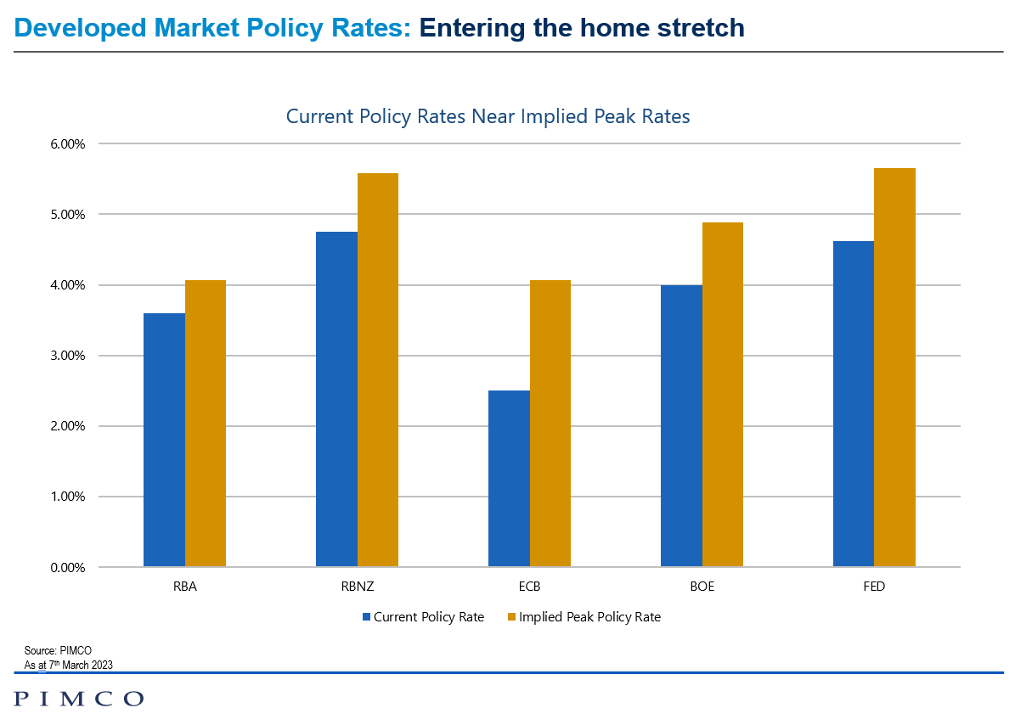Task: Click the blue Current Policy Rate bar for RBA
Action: pyautogui.click(x=164, y=440)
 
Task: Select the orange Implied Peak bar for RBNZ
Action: pyautogui.click(x=378, y=370)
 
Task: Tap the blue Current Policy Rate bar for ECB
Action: pyautogui.click(x=509, y=479)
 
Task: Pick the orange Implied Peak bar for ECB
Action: pyautogui.click(x=550, y=424)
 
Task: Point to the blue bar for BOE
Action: pyautogui.click(x=681, y=425)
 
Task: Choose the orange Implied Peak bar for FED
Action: pyautogui.click(x=894, y=368)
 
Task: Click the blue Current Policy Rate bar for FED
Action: pyautogui.click(x=853, y=404)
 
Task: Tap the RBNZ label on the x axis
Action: pyautogui.click(x=357, y=587)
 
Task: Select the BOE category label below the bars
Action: pyautogui.click(x=702, y=587)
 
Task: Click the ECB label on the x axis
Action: pyautogui.click(x=529, y=587)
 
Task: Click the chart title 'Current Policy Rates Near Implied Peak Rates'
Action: pyautogui.click(x=488, y=116)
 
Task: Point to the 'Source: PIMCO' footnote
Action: pyautogui.click(x=58, y=651)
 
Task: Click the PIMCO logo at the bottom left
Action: pyautogui.click(x=79, y=698)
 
